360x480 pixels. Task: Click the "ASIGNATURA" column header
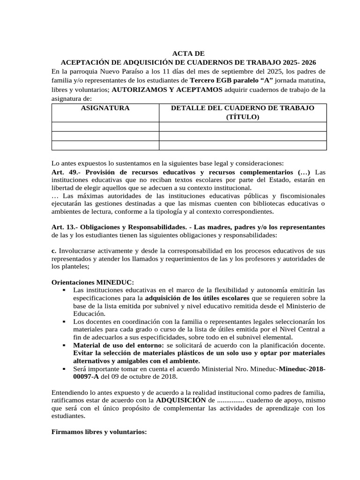click(x=105, y=108)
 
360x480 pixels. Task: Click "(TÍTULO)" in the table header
click(x=242, y=117)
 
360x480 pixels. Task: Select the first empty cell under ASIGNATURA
click(x=105, y=127)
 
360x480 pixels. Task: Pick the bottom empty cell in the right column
click(x=242, y=145)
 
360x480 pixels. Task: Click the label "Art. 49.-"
click(x=65, y=172)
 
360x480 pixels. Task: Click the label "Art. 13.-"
click(x=65, y=227)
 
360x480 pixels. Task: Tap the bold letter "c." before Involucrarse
click(x=53, y=251)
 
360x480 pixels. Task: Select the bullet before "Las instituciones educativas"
click(x=63, y=290)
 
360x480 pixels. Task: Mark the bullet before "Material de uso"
click(x=63, y=345)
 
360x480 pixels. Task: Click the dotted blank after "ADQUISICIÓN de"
click(x=230, y=400)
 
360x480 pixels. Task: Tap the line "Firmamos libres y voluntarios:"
click(x=99, y=431)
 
